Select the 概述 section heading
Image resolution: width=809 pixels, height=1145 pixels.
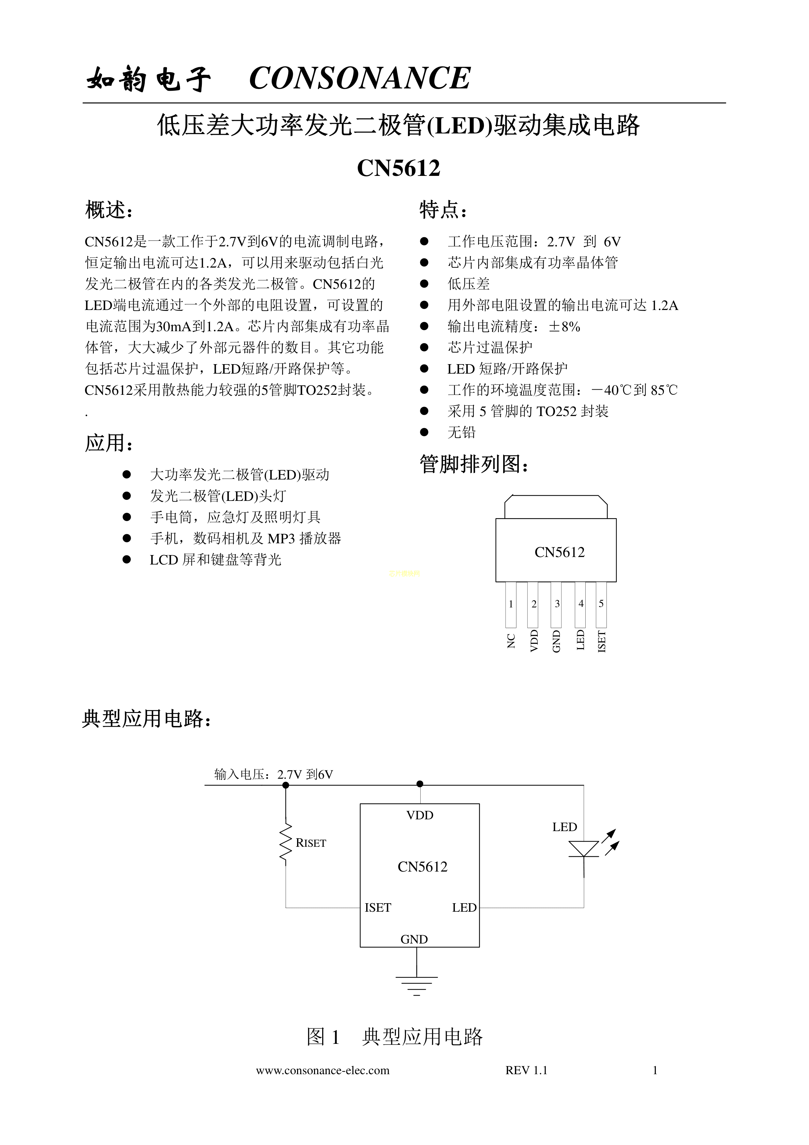pyautogui.click(x=109, y=210)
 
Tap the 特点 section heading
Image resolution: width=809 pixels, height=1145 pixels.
pyautogui.click(x=442, y=210)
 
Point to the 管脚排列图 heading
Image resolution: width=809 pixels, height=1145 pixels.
pyautogui.click(x=473, y=464)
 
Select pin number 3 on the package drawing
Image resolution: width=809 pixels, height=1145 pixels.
pyautogui.click(x=557, y=604)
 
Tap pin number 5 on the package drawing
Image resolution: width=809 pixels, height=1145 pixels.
pyautogui.click(x=601, y=604)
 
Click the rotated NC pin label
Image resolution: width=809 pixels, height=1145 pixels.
pyautogui.click(x=511, y=641)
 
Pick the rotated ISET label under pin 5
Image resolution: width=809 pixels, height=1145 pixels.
pyautogui.click(x=602, y=641)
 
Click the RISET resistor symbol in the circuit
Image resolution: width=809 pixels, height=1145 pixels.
pyautogui.click(x=286, y=843)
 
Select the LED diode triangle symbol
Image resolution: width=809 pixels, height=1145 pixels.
pyautogui.click(x=584, y=848)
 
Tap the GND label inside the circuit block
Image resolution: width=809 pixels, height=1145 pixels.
pyautogui.click(x=414, y=939)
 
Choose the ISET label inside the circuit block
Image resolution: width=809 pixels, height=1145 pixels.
pyautogui.click(x=378, y=908)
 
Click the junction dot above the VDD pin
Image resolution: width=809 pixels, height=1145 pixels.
pyautogui.click(x=420, y=783)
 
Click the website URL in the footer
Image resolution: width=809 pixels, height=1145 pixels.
pyautogui.click(x=322, y=1070)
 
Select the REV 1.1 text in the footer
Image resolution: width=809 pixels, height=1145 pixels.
pyautogui.click(x=526, y=1070)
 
